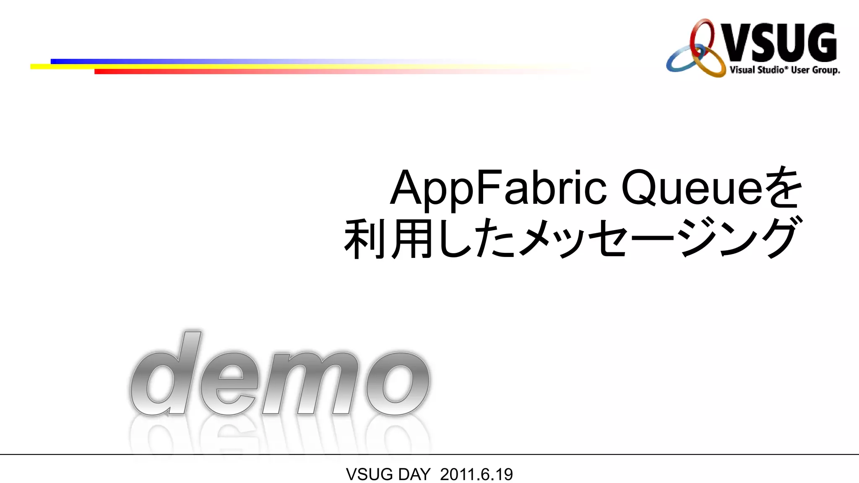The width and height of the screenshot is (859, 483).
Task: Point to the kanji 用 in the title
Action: (x=412, y=238)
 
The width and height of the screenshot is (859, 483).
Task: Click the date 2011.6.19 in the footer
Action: (x=476, y=475)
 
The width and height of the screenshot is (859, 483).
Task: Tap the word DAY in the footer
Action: (x=414, y=475)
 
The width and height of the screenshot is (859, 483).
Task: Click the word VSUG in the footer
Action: (x=369, y=475)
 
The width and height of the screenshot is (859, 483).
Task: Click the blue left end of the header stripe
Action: (x=57, y=62)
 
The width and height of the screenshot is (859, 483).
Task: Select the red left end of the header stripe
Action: (x=101, y=72)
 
